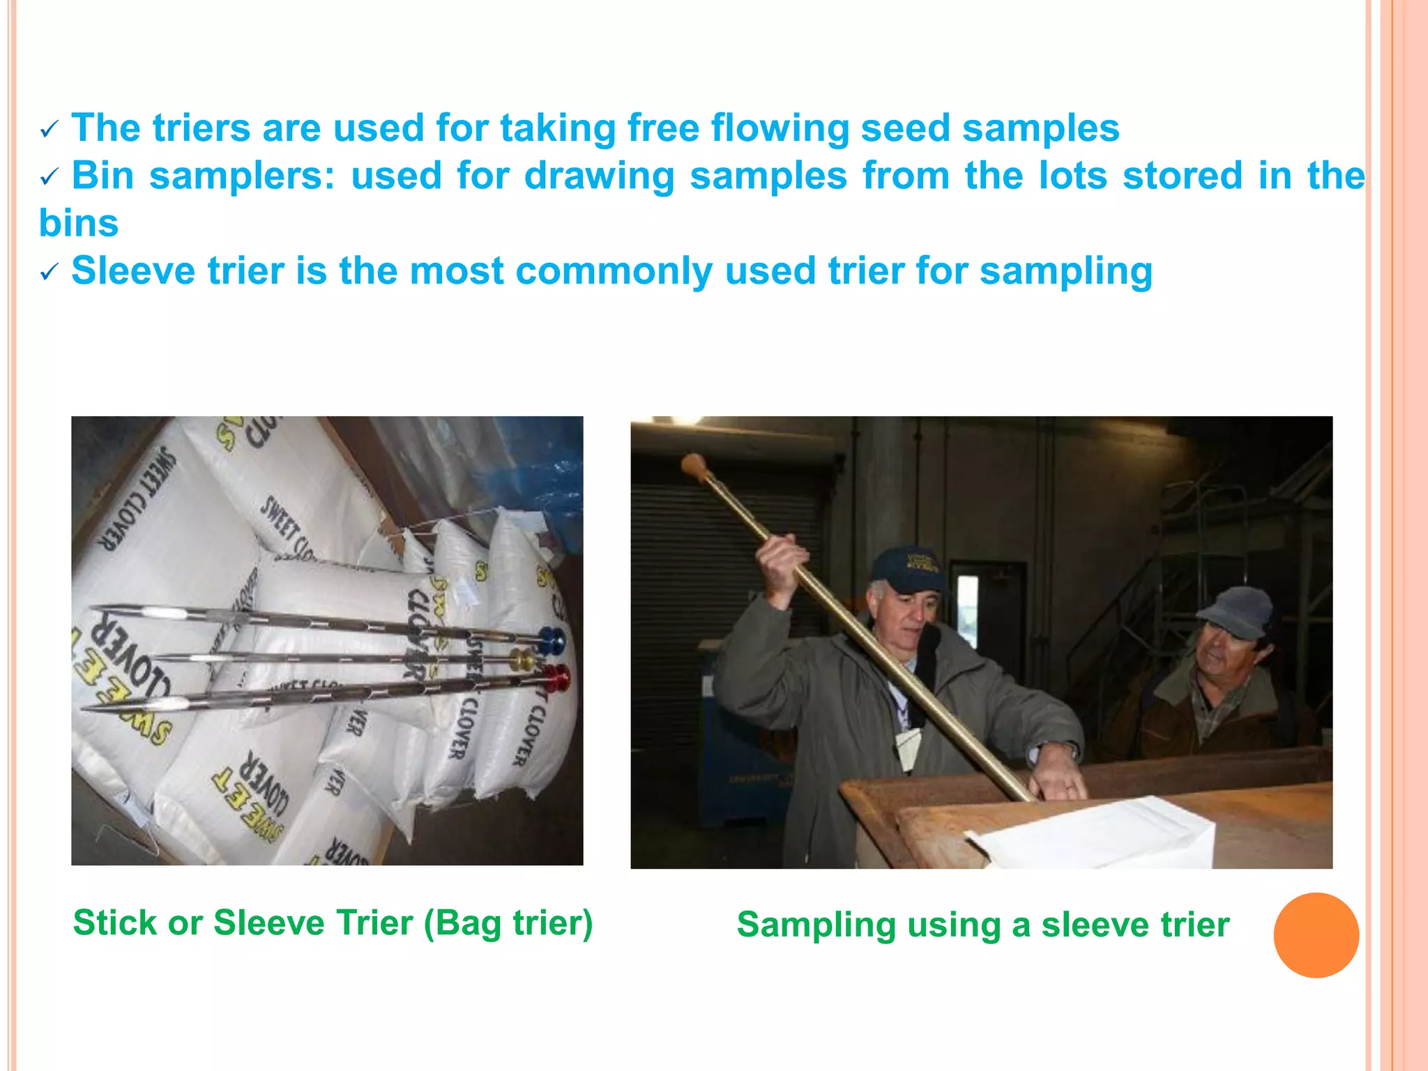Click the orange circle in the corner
tap(1316, 935)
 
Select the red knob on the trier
tap(557, 677)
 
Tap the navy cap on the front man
tap(906, 568)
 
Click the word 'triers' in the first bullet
tap(201, 128)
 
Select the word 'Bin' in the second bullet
tap(102, 175)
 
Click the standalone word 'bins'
tap(79, 223)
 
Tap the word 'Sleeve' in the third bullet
tap(133, 271)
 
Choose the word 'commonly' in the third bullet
tap(614, 271)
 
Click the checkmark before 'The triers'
tap(50, 130)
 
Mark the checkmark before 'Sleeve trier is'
tap(50, 273)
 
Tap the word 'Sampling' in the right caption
tap(816, 925)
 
